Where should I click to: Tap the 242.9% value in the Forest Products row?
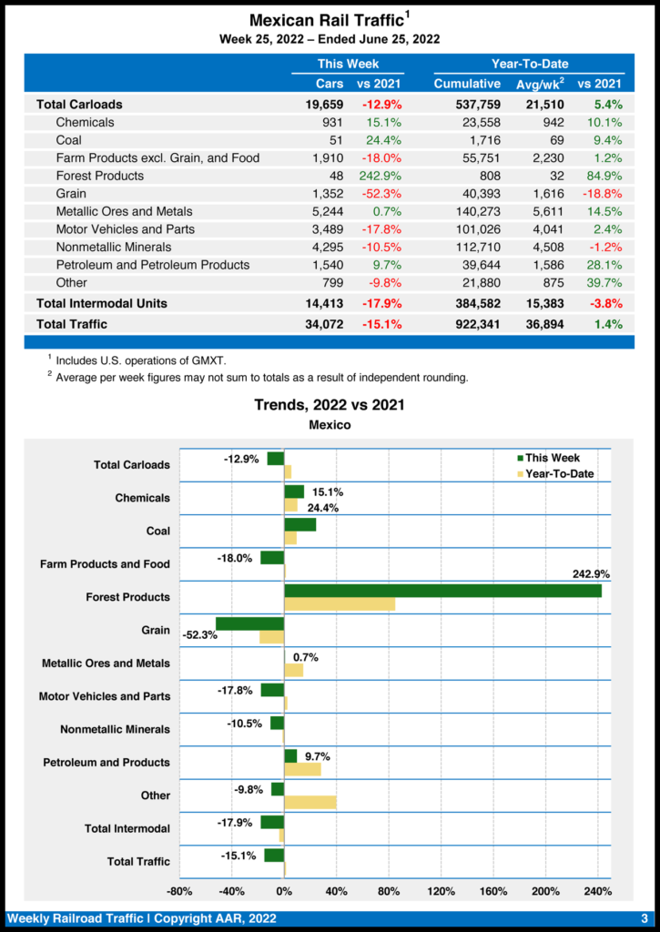click(x=381, y=176)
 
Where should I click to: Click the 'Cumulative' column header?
click(x=467, y=84)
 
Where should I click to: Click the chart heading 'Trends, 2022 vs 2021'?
click(x=330, y=405)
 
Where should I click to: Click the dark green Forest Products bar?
click(x=442, y=591)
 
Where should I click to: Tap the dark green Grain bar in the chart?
click(x=250, y=623)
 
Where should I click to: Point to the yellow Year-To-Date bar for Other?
click(x=310, y=802)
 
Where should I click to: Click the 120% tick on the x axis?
click(x=441, y=890)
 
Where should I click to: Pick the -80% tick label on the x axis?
click(x=179, y=890)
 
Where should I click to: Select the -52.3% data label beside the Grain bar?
click(x=200, y=635)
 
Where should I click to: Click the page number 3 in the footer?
click(x=644, y=918)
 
